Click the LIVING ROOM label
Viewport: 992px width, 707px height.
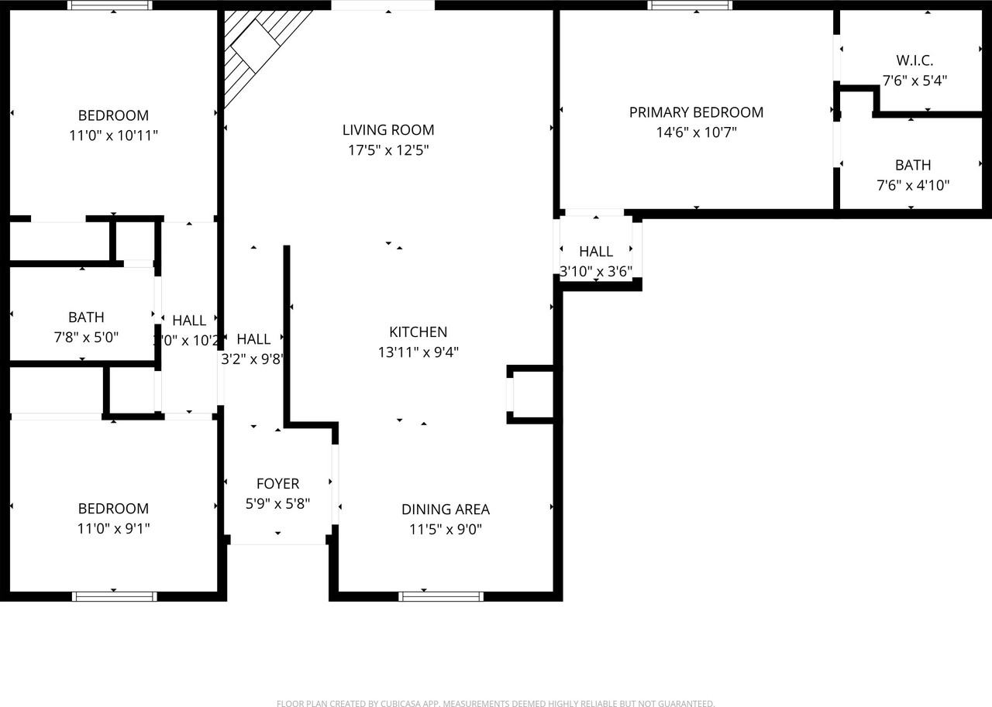point(388,129)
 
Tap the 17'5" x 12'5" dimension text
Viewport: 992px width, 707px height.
point(388,149)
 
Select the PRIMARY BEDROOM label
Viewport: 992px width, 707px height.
point(696,112)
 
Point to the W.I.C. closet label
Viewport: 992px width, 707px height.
point(914,60)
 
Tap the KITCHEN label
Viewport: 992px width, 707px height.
point(418,331)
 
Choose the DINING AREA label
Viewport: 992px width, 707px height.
point(445,509)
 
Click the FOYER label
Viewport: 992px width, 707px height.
point(277,483)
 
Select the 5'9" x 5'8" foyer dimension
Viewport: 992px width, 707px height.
point(277,503)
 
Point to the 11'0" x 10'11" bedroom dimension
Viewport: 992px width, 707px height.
point(113,136)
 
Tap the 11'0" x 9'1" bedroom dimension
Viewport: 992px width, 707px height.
point(113,529)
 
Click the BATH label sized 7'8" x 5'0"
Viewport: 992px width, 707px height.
point(86,317)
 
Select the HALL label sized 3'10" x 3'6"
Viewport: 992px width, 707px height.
point(596,251)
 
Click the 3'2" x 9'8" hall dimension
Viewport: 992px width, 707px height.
point(253,359)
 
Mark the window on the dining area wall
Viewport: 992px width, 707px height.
point(441,595)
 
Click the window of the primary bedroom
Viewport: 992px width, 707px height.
point(690,5)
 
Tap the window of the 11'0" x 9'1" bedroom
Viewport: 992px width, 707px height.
point(115,595)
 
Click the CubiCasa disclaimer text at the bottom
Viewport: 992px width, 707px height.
point(495,703)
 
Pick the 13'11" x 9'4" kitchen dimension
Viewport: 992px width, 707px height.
point(418,352)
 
